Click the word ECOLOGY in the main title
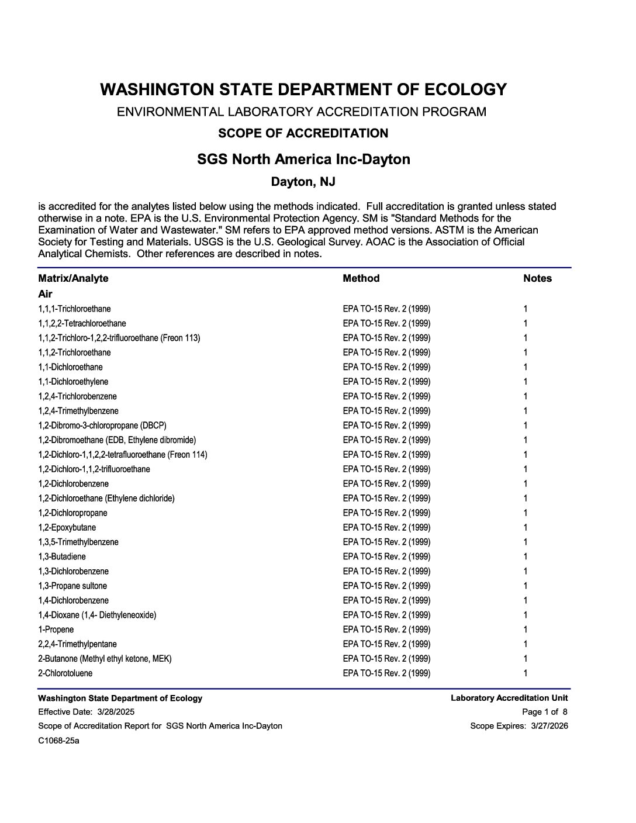(x=465, y=89)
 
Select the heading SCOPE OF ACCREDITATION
(x=303, y=133)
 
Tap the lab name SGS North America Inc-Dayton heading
(x=303, y=159)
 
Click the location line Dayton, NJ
(x=303, y=182)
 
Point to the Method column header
(x=361, y=278)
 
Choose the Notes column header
(x=537, y=278)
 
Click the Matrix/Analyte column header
(x=73, y=278)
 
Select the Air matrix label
(x=45, y=293)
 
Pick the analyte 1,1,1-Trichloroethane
(x=74, y=309)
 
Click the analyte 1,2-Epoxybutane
(x=67, y=527)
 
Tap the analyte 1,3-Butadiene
(x=62, y=556)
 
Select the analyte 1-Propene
(x=56, y=630)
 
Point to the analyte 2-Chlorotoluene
(x=65, y=673)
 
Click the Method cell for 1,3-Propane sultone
(x=386, y=586)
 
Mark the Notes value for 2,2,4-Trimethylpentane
(x=526, y=644)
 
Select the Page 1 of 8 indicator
(x=544, y=712)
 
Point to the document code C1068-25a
(x=58, y=741)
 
